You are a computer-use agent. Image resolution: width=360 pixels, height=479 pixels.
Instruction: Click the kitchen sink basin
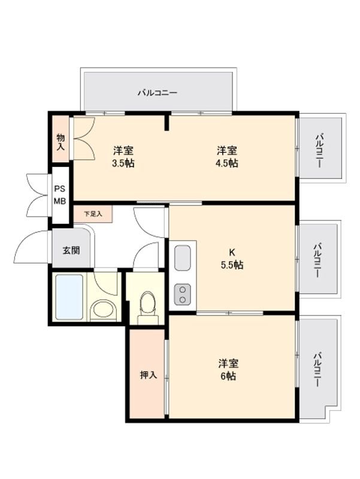point(182,258)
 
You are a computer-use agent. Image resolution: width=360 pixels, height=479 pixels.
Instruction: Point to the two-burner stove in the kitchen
point(182,293)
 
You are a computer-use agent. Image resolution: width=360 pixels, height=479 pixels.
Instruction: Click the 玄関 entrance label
point(71,250)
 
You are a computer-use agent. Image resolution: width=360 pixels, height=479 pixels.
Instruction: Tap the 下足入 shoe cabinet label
point(93,213)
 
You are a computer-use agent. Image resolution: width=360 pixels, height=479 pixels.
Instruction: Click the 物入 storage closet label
point(61,142)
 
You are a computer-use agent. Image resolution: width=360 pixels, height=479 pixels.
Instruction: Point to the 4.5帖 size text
point(227,163)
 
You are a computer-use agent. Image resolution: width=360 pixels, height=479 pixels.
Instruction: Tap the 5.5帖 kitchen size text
point(232,265)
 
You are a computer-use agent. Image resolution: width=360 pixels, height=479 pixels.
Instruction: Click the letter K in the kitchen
point(231,252)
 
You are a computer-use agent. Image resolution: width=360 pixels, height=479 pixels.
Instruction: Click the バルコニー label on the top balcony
point(158,93)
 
